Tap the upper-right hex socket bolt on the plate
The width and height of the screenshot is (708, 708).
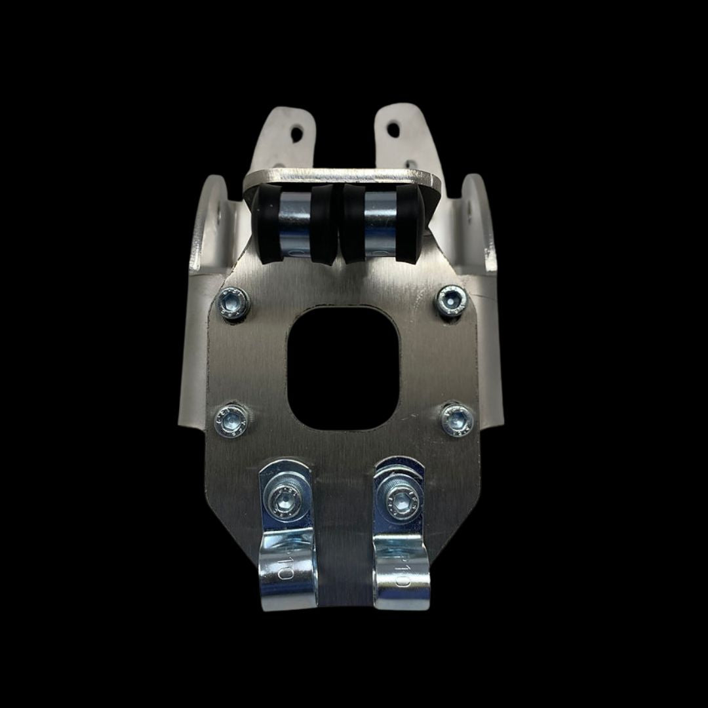click(x=452, y=300)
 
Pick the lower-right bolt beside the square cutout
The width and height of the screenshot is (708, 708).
click(x=456, y=418)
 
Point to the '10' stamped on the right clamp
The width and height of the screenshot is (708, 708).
click(x=402, y=570)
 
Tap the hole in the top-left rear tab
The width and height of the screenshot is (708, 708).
click(x=297, y=134)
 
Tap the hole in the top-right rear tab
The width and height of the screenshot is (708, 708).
click(x=393, y=130)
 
